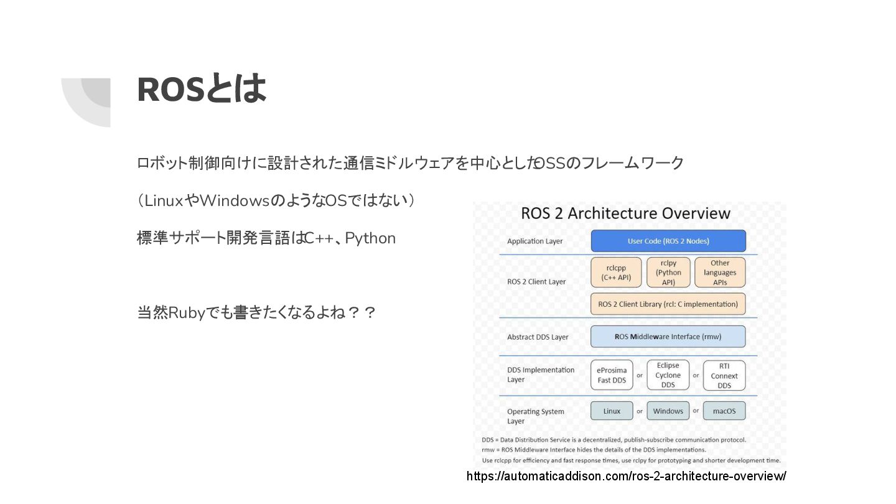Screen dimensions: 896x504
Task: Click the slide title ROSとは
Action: pos(201,89)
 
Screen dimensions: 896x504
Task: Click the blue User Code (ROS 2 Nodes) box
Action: pos(668,241)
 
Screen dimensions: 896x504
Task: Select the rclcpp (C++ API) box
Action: pos(616,273)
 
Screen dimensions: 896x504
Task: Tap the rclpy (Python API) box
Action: pos(668,273)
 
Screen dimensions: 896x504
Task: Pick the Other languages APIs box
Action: pos(720,273)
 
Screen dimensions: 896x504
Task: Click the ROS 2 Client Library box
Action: pos(668,304)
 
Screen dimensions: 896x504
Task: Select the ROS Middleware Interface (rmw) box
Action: pos(668,337)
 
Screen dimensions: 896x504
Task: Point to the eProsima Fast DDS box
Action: pos(612,375)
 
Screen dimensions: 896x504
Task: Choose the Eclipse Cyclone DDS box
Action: pos(668,375)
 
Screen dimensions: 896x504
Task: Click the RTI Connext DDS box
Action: pos(724,376)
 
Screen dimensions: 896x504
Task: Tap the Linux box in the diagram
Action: pos(612,411)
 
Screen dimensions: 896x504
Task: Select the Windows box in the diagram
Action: pos(668,411)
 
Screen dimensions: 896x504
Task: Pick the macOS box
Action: pos(724,411)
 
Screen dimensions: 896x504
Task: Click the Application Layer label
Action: pos(535,241)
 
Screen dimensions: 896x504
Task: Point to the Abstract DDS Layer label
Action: pos(538,337)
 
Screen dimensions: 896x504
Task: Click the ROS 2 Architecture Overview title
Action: pos(625,213)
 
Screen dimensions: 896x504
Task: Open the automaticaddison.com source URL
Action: pos(626,476)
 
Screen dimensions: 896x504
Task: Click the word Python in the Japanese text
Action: pos(370,238)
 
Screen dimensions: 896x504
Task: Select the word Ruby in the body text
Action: pos(187,312)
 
